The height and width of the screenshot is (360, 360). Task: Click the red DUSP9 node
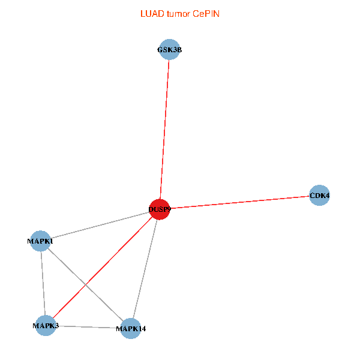[x=159, y=209]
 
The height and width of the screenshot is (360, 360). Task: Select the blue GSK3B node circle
[x=169, y=50]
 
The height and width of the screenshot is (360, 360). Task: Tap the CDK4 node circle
[x=319, y=196]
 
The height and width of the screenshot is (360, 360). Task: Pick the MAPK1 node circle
[x=40, y=241]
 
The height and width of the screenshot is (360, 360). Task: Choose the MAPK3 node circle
[x=45, y=325]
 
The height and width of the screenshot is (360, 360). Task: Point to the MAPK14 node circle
[x=130, y=329]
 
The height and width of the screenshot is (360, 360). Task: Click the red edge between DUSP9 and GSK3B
[x=164, y=129]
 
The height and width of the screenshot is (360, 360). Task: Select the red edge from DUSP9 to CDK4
[x=240, y=202]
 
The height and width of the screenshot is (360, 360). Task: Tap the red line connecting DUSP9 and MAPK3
[x=102, y=267]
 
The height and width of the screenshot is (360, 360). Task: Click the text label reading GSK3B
[x=169, y=50]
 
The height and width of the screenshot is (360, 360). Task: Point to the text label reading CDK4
[x=319, y=196]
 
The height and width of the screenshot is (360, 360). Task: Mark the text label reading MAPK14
[x=130, y=329]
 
